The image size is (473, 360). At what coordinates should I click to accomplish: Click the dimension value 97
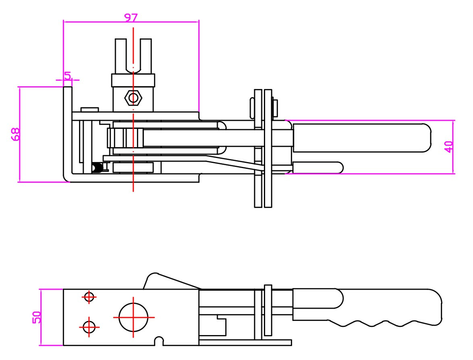(x=131, y=18)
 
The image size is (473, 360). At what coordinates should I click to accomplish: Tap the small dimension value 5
(x=68, y=75)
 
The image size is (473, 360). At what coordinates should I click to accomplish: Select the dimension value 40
(x=449, y=147)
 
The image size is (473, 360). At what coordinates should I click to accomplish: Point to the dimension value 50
(x=37, y=317)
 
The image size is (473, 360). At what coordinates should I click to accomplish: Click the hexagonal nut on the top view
(x=133, y=98)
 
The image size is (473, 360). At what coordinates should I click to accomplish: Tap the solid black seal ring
(x=97, y=168)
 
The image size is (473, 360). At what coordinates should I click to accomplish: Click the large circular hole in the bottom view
(x=133, y=317)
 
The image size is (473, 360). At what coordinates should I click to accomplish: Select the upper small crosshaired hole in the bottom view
(x=89, y=297)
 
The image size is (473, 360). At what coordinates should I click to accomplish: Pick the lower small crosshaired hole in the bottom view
(x=89, y=327)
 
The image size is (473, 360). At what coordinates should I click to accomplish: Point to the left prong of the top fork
(x=120, y=56)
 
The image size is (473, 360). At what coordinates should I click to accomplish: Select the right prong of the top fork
(x=146, y=56)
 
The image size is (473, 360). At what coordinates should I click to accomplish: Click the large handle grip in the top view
(x=362, y=137)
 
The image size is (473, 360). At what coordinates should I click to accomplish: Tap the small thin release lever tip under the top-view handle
(x=318, y=167)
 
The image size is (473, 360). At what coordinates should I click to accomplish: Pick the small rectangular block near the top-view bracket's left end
(x=89, y=110)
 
